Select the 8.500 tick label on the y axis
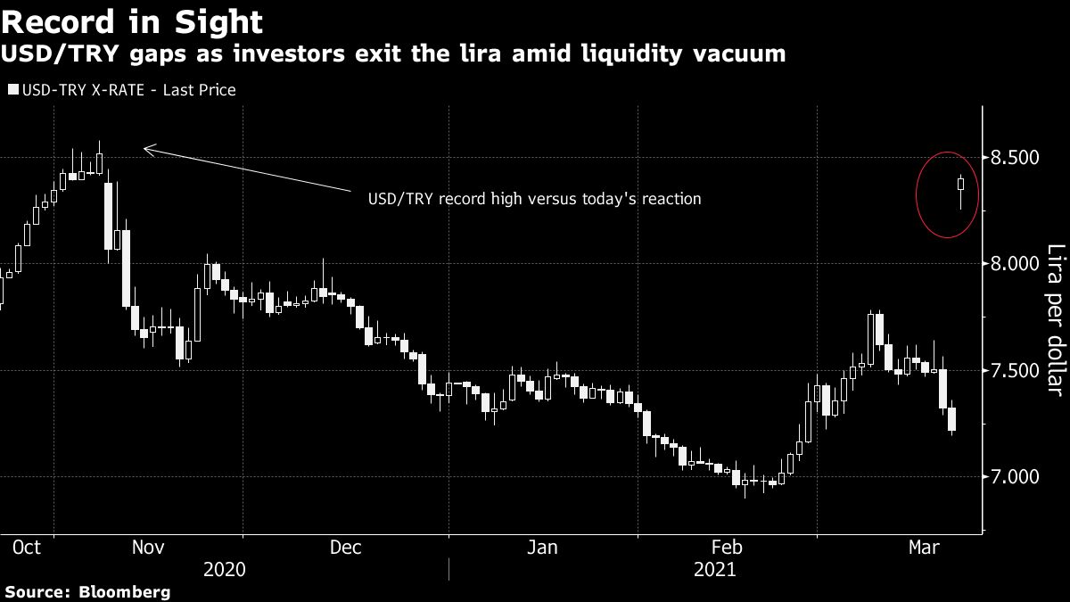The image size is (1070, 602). click(x=1017, y=158)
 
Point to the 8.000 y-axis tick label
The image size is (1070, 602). click(x=1017, y=264)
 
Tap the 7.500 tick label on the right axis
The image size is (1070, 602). click(x=1017, y=370)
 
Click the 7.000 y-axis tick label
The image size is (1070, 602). click(x=1017, y=476)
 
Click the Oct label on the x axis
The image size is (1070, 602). click(x=27, y=547)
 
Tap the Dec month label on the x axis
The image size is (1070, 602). click(x=345, y=547)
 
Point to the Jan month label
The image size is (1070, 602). click(x=541, y=547)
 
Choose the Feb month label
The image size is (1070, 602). click(x=727, y=547)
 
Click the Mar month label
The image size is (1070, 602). click(x=923, y=547)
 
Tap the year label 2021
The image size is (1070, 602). click(x=714, y=569)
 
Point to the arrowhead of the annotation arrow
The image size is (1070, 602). click(x=146, y=149)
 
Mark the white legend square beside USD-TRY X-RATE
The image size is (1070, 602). click(x=12, y=90)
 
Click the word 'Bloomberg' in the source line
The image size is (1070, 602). click(x=126, y=591)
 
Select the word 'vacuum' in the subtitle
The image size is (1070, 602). click(x=745, y=54)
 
